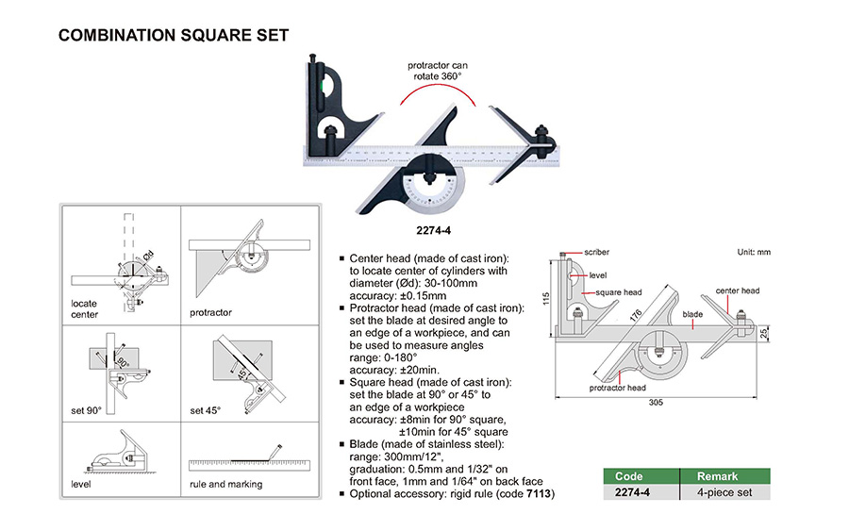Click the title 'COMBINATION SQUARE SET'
pyautogui.click(x=173, y=36)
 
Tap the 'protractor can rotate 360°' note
pyautogui.click(x=437, y=71)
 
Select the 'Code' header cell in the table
pyautogui.click(x=629, y=476)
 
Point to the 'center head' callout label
pyautogui.click(x=737, y=291)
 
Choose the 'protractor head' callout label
pyautogui.click(x=618, y=388)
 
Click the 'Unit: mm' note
pyautogui.click(x=754, y=253)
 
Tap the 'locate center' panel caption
pyautogui.click(x=84, y=309)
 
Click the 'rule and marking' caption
pyautogui.click(x=226, y=485)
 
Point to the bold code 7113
pyautogui.click(x=541, y=493)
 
